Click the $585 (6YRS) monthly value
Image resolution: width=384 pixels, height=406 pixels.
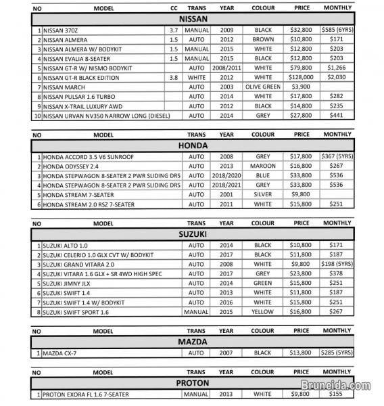pos(341,31)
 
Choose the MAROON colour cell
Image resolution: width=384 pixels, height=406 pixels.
pos(262,166)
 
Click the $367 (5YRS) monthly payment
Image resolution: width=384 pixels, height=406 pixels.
pos(341,156)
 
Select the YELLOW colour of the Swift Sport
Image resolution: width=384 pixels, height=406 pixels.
pos(262,312)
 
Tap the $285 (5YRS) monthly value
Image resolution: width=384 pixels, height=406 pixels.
pos(341,353)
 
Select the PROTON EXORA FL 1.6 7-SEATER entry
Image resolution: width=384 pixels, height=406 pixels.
pos(85,394)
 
